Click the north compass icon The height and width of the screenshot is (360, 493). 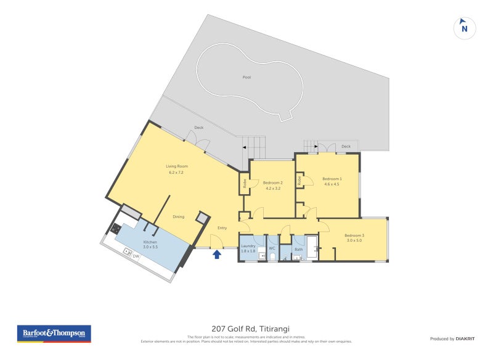pyautogui.click(x=465, y=28)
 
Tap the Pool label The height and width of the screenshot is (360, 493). pyautogui.click(x=246, y=78)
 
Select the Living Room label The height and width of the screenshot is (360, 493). pyautogui.click(x=177, y=166)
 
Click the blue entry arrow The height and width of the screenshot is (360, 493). pyautogui.click(x=217, y=254)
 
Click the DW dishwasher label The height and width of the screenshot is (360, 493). pyautogui.click(x=136, y=255)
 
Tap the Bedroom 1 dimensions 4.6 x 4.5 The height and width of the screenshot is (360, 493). pyautogui.click(x=333, y=184)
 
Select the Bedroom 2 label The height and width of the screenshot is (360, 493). pyautogui.click(x=272, y=182)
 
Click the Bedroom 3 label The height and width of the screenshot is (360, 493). pyautogui.click(x=354, y=235)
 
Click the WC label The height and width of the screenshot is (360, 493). pyautogui.click(x=272, y=248)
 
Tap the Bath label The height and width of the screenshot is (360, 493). pyautogui.click(x=298, y=250)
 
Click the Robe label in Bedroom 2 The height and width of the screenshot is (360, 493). pyautogui.click(x=245, y=183)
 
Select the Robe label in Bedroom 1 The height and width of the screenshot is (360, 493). pyautogui.click(x=299, y=180)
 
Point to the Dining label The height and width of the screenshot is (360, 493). pyautogui.click(x=178, y=216)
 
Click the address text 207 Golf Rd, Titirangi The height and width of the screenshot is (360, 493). pyautogui.click(x=246, y=329)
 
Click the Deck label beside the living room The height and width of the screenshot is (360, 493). pyautogui.click(x=199, y=128)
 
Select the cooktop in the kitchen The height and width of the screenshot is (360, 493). pyautogui.click(x=115, y=229)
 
